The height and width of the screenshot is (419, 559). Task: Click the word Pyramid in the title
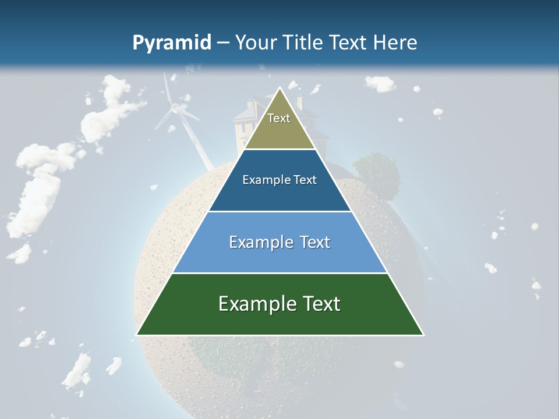click(172, 43)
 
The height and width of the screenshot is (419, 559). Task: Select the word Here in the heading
click(395, 42)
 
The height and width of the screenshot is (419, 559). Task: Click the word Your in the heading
click(256, 42)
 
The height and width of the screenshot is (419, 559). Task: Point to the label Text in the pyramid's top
click(279, 118)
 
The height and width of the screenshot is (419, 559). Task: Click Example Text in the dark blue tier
click(279, 180)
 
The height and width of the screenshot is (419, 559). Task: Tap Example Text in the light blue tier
click(279, 242)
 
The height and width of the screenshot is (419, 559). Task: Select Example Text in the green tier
click(279, 304)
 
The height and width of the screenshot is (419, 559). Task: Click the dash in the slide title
click(223, 43)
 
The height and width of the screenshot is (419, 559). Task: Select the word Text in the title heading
click(350, 42)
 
